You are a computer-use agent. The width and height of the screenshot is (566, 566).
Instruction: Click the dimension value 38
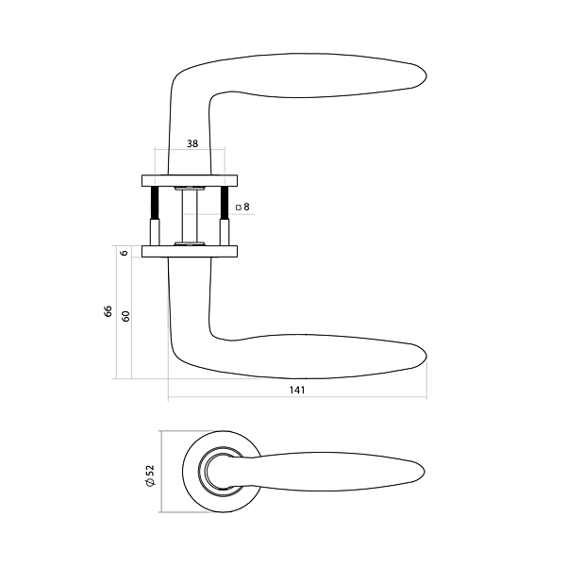192,143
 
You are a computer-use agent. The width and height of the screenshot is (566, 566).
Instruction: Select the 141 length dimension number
297,391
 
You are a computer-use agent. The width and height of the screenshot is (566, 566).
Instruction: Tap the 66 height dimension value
108,311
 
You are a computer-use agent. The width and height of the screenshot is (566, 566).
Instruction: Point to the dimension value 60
125,316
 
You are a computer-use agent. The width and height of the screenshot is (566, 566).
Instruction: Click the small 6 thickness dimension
125,253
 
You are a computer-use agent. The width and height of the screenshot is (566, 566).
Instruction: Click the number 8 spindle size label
246,207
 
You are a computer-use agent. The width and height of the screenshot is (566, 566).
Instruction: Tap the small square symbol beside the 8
239,208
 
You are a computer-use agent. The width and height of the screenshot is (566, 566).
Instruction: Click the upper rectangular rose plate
190,181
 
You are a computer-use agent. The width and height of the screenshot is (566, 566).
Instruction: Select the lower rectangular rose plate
190,252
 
